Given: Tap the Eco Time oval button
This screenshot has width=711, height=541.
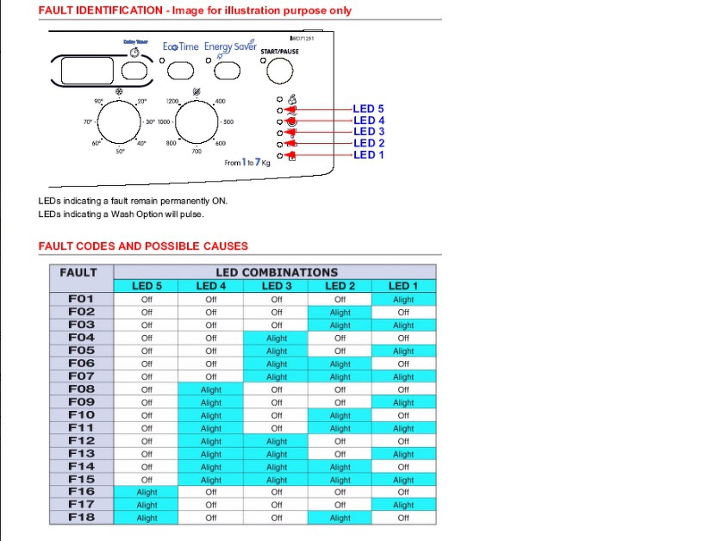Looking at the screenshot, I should (180, 69).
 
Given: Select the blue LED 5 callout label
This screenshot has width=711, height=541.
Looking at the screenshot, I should (368, 109).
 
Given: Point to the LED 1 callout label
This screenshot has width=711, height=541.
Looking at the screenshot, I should (368, 155).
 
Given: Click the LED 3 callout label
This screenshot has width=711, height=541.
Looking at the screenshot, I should (368, 132).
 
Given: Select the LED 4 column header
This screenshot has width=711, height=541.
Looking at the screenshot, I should (211, 286).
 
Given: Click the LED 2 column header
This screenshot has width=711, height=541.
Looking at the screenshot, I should (340, 286).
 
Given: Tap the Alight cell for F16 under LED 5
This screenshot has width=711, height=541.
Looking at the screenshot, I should (147, 493).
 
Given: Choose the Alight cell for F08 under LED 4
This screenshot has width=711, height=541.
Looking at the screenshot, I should (211, 389).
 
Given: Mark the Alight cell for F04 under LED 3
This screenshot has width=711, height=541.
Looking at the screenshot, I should (277, 338).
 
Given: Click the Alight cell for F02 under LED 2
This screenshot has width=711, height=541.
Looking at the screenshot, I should (340, 312).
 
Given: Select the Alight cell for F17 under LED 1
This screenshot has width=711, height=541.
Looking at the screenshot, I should (403, 506).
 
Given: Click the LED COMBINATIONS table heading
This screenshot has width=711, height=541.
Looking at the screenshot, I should (276, 272).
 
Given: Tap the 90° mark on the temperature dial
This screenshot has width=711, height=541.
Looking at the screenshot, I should (98, 102).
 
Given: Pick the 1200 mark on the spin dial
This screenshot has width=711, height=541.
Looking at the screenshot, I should (172, 102).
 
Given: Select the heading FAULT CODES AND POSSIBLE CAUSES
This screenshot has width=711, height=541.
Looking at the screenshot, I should (143, 246).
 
